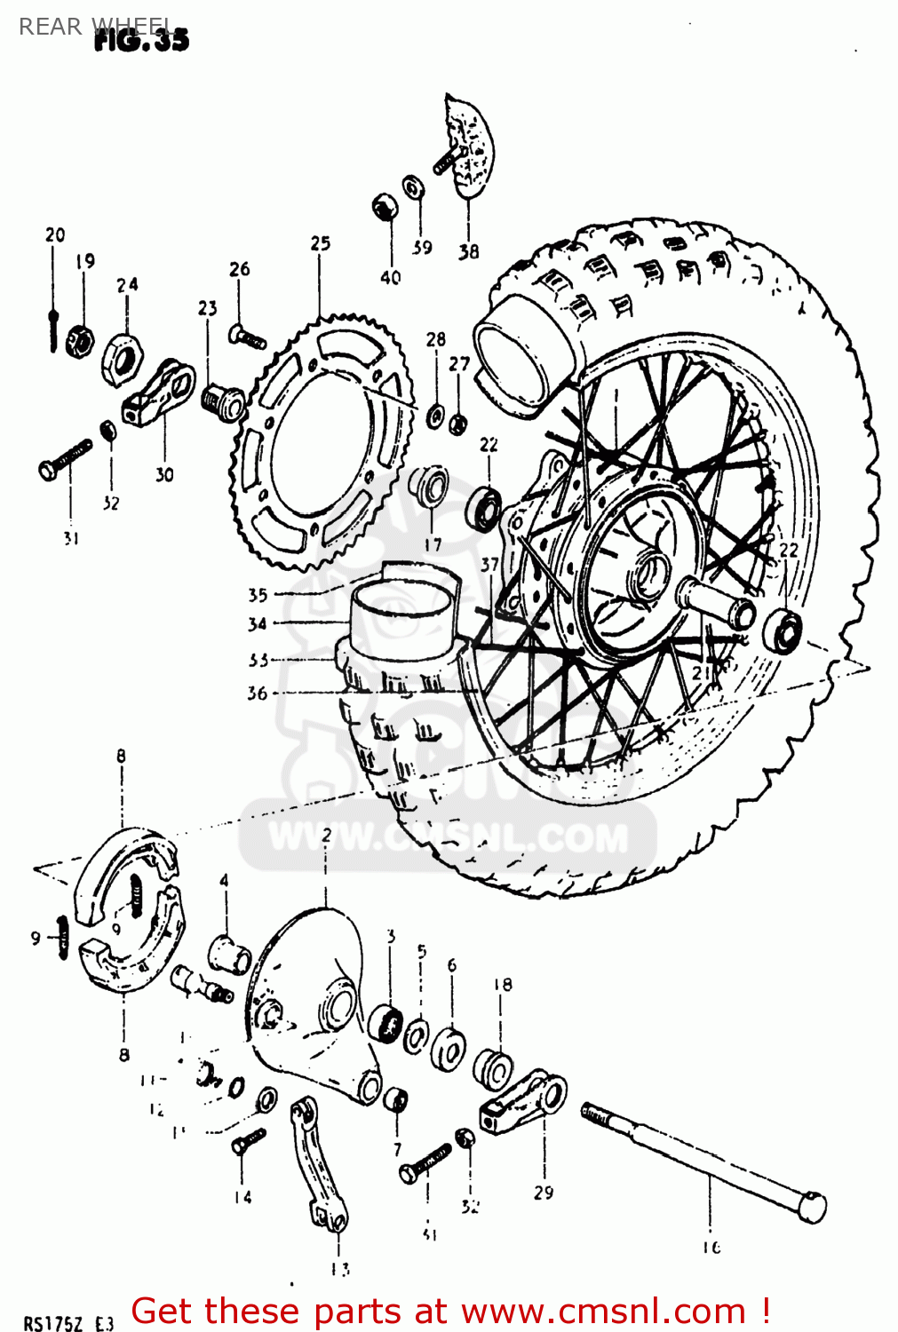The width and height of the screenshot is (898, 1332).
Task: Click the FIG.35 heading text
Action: [142, 39]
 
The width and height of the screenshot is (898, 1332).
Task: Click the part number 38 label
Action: [468, 252]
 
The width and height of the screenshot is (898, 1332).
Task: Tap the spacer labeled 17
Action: [430, 487]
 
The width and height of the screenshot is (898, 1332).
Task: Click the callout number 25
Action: [320, 243]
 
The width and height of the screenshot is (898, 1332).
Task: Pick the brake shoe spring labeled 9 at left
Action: [61, 937]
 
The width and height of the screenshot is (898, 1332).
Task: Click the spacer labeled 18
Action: [493, 1066]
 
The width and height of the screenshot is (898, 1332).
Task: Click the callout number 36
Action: [257, 693]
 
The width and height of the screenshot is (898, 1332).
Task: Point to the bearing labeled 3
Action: [385, 1024]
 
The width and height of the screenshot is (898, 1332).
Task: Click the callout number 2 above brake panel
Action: [326, 835]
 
